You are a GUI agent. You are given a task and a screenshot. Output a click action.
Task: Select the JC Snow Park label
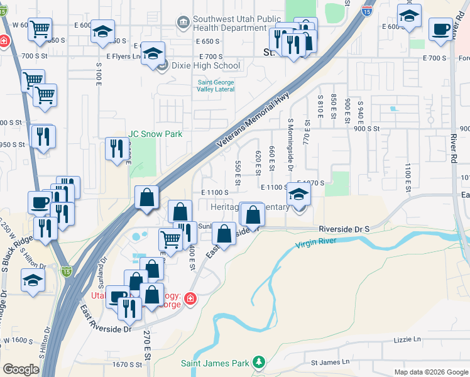click(x=155, y=134)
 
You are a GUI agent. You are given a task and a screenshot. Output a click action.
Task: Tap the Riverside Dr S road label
click(x=344, y=229)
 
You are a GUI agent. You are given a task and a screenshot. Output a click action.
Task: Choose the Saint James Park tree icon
click(x=258, y=362)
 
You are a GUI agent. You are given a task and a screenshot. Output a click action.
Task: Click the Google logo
click(x=21, y=369)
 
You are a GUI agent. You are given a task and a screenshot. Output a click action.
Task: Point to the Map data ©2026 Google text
click(x=430, y=372)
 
